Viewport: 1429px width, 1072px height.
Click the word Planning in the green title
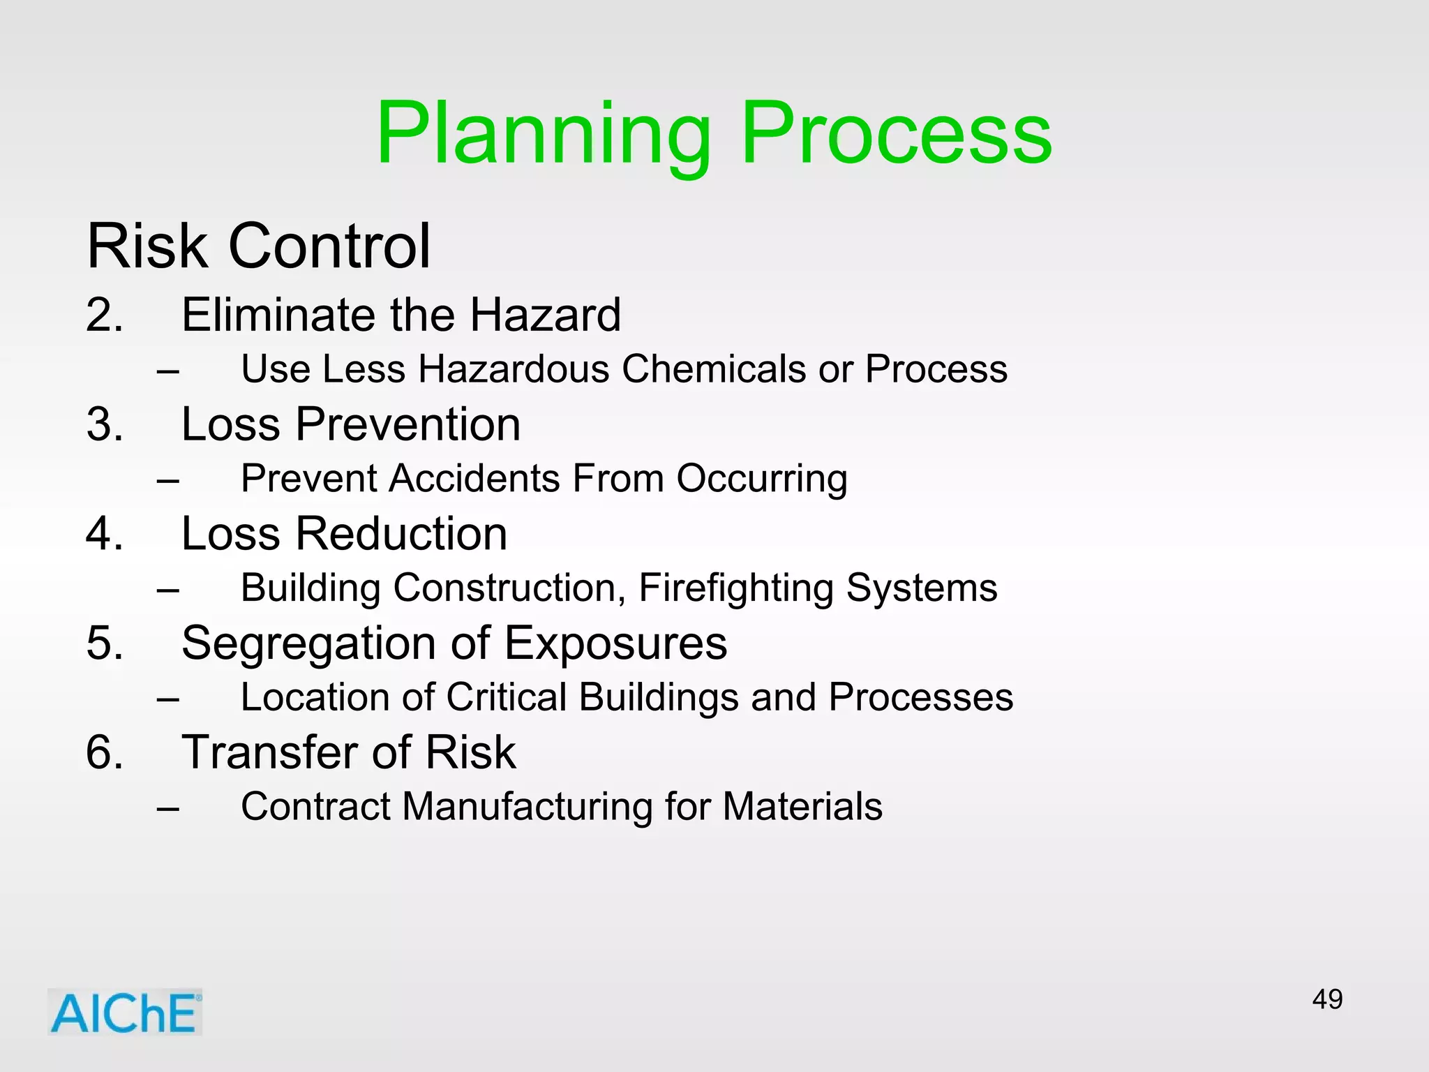click(543, 135)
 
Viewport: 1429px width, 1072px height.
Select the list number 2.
click(104, 315)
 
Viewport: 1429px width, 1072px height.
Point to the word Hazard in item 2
click(544, 315)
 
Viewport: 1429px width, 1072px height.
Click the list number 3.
click(104, 424)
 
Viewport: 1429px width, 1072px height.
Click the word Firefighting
click(736, 588)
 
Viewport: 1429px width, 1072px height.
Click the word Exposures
click(615, 643)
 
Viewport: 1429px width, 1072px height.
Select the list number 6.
click(104, 752)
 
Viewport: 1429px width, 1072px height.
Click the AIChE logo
click(125, 1012)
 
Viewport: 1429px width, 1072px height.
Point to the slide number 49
click(1326, 999)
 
